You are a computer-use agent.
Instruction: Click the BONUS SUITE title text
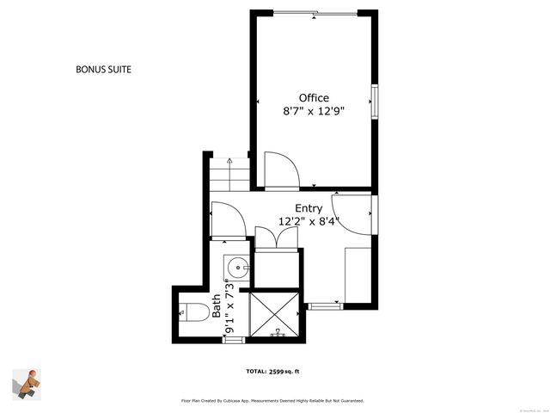(103, 69)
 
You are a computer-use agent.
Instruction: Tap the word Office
(314, 98)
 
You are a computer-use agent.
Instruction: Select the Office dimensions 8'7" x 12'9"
(314, 112)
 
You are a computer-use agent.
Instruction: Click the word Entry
(309, 208)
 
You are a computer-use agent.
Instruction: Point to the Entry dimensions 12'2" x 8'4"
(309, 222)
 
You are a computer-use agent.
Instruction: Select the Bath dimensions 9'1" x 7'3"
(229, 306)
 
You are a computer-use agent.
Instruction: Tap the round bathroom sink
(235, 268)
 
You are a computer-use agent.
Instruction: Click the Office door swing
(280, 170)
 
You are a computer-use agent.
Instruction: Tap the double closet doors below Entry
(276, 239)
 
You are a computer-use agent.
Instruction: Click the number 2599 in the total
(278, 372)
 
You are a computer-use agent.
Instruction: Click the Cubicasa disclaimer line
(272, 400)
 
